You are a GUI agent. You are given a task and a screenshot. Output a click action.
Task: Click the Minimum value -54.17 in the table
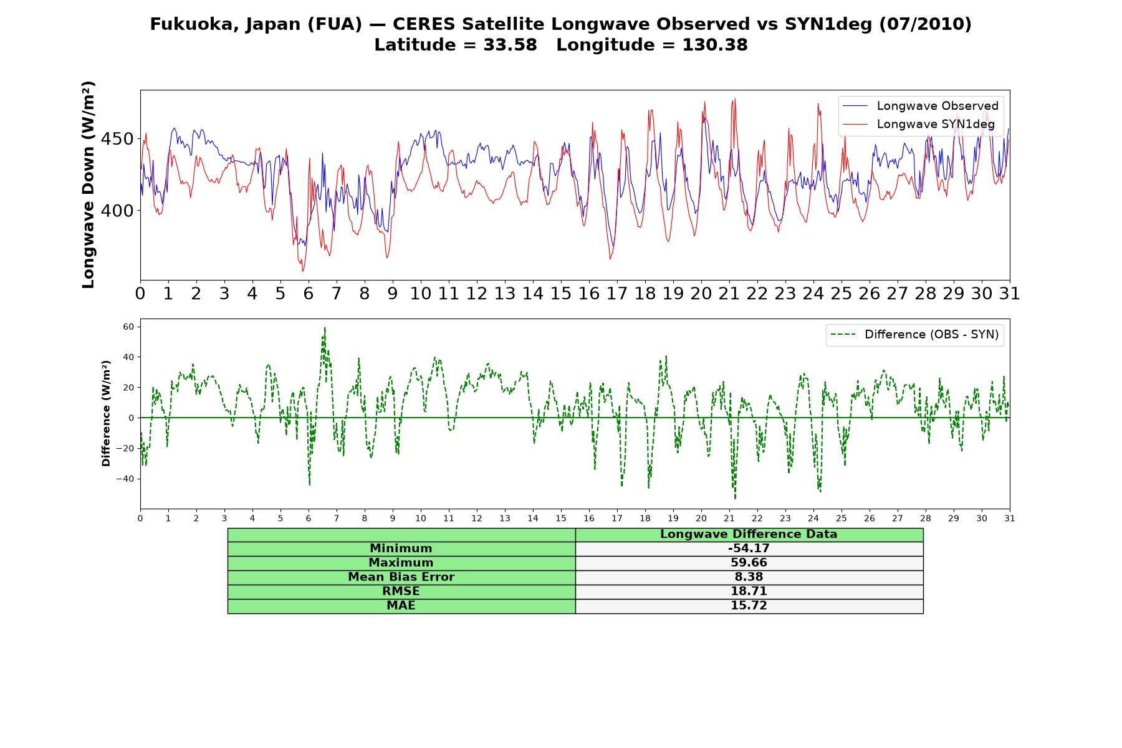coord(749,549)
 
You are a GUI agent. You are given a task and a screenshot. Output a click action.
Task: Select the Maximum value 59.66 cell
coord(749,563)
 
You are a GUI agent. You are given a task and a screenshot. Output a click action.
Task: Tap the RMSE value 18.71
coord(749,592)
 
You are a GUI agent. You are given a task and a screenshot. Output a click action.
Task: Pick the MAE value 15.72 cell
coord(749,606)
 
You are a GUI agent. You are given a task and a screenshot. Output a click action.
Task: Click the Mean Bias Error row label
coord(401,577)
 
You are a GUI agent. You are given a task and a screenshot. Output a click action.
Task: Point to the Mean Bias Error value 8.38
coord(749,577)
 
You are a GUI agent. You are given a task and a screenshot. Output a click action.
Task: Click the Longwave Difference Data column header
coord(749,534)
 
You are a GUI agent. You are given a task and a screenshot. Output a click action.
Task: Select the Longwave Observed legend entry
coord(920,106)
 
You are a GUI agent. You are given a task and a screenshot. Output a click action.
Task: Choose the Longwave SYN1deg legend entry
coord(918,124)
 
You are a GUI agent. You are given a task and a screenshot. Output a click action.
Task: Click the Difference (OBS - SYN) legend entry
coord(914,335)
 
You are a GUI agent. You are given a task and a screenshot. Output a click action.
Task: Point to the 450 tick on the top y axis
coord(117,139)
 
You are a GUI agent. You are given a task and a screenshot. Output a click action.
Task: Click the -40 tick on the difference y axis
coord(125,479)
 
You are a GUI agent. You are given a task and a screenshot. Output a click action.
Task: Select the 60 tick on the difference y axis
coord(129,327)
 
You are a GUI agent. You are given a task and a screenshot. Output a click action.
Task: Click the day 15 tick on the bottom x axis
coord(561,518)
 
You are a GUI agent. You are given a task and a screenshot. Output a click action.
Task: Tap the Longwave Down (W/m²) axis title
coord(88,185)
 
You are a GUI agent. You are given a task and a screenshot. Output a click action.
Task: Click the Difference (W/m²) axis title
coord(106,413)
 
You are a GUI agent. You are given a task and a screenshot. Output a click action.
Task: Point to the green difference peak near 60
coord(325,328)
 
